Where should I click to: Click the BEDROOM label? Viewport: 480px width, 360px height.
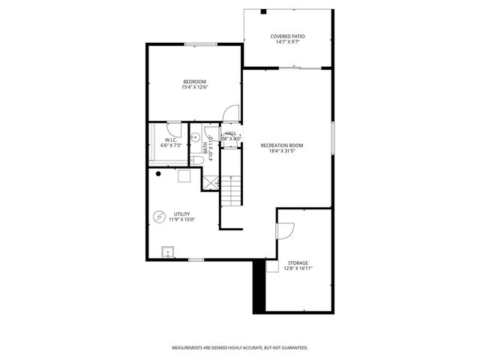point(194,82)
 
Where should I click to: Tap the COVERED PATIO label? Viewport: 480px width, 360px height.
point(287,37)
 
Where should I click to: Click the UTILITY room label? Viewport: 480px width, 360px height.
point(182,214)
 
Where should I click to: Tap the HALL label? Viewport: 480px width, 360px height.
point(230,133)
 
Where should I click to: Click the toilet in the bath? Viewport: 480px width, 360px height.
point(193,159)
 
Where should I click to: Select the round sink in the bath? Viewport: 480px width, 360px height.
point(194,138)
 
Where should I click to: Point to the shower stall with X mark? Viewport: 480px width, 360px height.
point(211,182)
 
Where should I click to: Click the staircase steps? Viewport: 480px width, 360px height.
point(232,190)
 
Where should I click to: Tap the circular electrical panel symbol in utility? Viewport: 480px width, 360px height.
point(159,217)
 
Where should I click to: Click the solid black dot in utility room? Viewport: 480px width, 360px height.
point(158,173)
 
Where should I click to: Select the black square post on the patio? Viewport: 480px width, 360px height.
point(262,10)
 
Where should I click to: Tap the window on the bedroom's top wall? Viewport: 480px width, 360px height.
point(196,43)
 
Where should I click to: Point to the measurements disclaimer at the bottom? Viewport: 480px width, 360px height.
point(240,348)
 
